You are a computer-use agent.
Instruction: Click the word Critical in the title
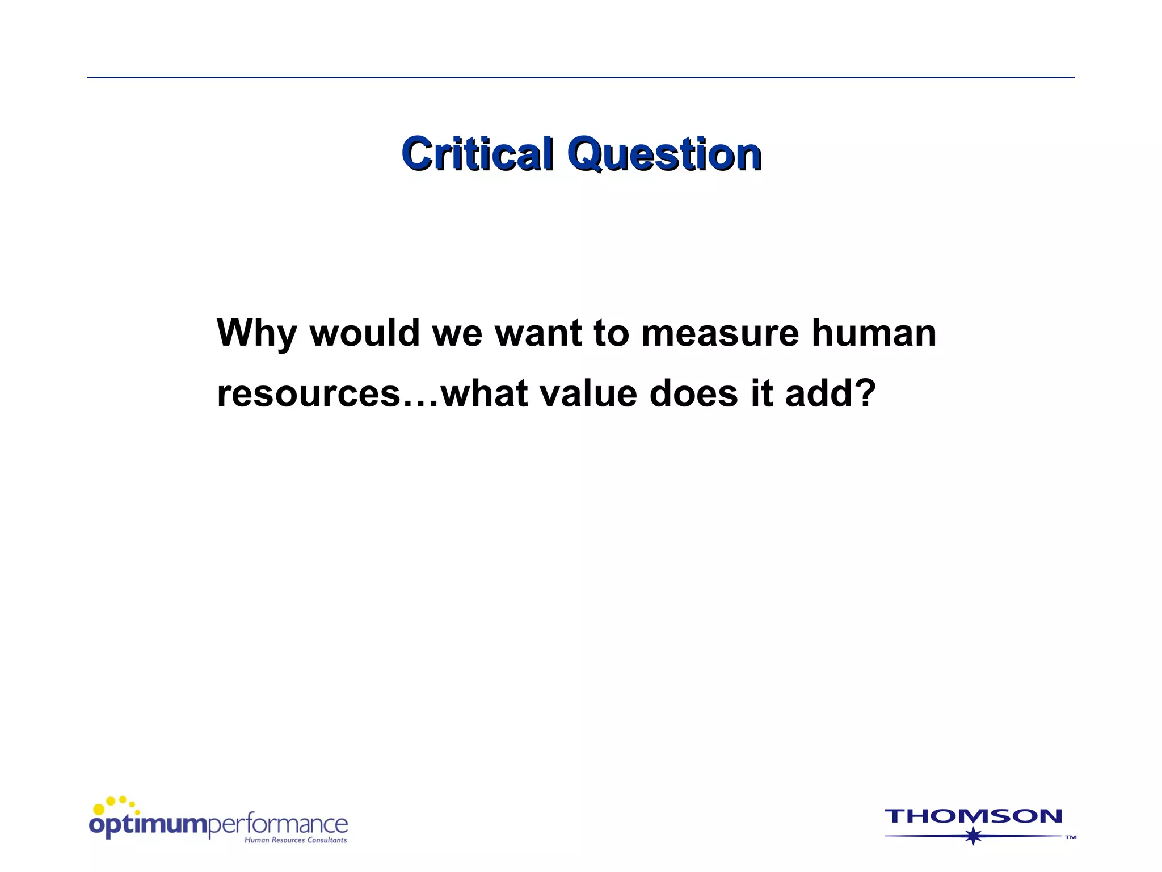point(477,154)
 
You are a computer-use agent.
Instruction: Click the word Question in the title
point(664,155)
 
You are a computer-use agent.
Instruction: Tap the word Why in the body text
point(256,333)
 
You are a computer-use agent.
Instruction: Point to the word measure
point(720,333)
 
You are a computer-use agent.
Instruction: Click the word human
point(874,333)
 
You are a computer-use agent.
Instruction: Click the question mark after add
point(865,393)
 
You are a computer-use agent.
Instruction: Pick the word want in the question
point(538,333)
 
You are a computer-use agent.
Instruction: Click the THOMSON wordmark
point(973,816)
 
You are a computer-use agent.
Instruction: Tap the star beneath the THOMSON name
point(974,836)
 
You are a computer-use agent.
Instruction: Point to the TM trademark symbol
point(1070,837)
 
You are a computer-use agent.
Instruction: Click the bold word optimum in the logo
point(148,825)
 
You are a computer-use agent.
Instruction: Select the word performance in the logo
point(278,824)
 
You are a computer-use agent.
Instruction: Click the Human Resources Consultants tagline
point(296,840)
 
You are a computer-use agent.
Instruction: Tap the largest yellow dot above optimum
point(99,809)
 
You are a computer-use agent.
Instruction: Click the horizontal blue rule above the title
point(580,77)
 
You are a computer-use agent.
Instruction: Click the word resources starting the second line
point(309,393)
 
